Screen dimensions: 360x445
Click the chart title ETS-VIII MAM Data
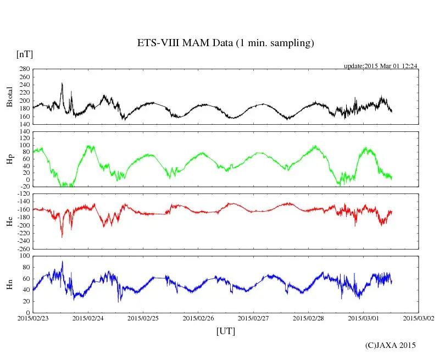click(225, 43)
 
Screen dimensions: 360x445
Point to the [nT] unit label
click(24, 54)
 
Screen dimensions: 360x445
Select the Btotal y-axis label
click(10, 97)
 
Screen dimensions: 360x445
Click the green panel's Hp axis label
click(10, 159)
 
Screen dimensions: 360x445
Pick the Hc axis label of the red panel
click(10, 221)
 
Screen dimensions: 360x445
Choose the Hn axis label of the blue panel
click(10, 284)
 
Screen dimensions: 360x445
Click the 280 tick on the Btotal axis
click(24, 69)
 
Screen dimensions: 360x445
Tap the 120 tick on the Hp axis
click(24, 132)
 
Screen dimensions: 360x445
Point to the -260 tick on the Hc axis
click(22, 249)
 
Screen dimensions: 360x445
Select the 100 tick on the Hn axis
click(24, 256)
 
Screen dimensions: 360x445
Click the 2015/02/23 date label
click(33, 318)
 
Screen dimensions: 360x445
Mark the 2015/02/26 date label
click(198, 318)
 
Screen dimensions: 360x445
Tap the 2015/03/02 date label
click(418, 318)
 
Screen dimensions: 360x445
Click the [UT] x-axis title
click(225, 331)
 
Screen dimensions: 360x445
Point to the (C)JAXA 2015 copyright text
click(390, 345)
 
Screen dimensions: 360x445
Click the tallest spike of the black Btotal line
click(62, 84)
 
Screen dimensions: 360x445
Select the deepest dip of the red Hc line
click(62, 237)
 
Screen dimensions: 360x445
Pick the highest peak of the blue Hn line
click(63, 262)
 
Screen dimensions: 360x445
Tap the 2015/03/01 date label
click(363, 318)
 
